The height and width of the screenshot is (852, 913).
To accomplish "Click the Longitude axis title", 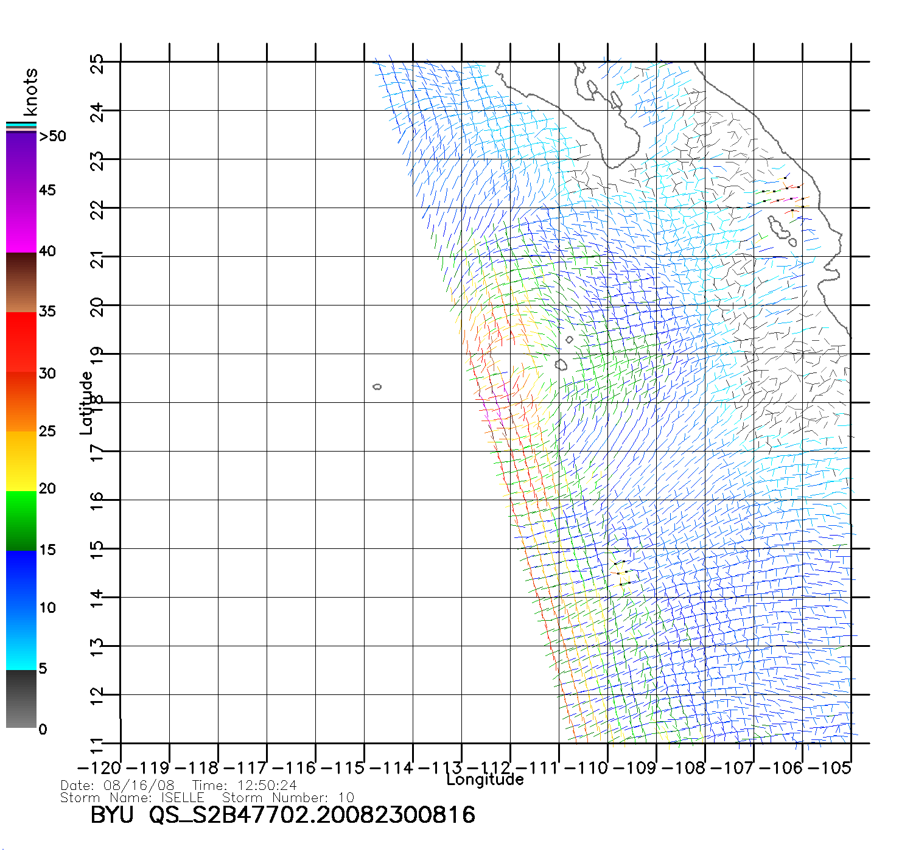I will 485,780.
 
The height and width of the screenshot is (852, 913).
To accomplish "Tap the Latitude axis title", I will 86,403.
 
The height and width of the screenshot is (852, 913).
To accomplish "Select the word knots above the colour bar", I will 30,92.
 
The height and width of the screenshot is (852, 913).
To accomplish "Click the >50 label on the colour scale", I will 53,136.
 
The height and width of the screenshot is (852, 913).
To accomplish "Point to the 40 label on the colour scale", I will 47,251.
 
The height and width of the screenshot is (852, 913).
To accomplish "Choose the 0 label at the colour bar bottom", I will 43,729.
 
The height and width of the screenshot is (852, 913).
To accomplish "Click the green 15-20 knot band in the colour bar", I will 21,520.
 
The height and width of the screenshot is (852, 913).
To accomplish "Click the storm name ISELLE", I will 182,797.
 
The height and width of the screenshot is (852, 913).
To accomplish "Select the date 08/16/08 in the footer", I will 139,786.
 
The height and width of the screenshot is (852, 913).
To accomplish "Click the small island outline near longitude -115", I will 377,386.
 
